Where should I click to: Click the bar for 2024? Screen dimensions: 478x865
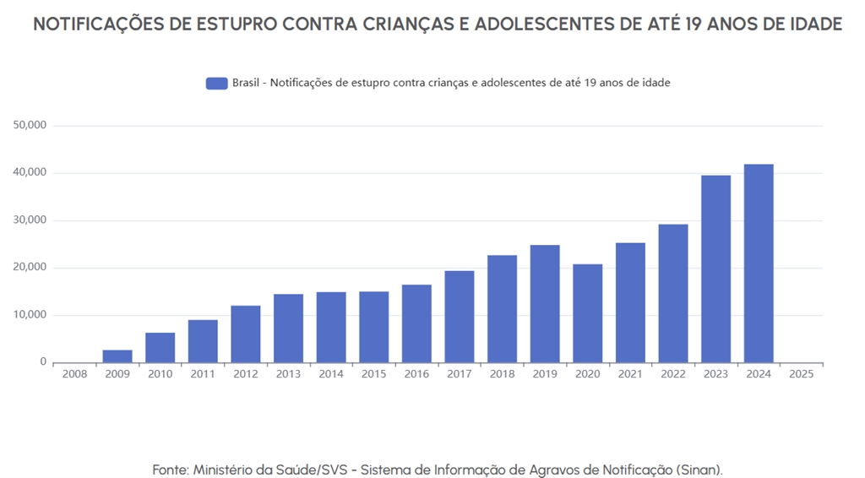pos(759,263)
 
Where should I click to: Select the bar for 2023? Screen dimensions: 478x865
pos(715,269)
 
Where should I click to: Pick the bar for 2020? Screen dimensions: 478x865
pos(587,313)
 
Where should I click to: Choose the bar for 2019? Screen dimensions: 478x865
pos(545,304)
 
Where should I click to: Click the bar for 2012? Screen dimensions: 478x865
pos(245,334)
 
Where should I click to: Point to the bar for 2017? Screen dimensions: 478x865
pos(459,317)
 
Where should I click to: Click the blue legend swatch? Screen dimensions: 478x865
pos(217,83)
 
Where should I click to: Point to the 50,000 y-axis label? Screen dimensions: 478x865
pos(30,125)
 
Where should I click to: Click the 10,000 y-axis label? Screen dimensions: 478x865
pos(30,315)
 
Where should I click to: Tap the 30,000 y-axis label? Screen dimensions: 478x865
pos(30,220)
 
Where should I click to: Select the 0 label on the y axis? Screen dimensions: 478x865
pos(43,362)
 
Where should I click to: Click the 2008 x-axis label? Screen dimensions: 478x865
pos(74,374)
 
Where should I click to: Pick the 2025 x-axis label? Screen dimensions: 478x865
pos(801,374)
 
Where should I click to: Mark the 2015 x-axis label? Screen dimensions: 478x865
pos(373,374)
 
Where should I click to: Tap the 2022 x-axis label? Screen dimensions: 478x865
pos(673,374)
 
